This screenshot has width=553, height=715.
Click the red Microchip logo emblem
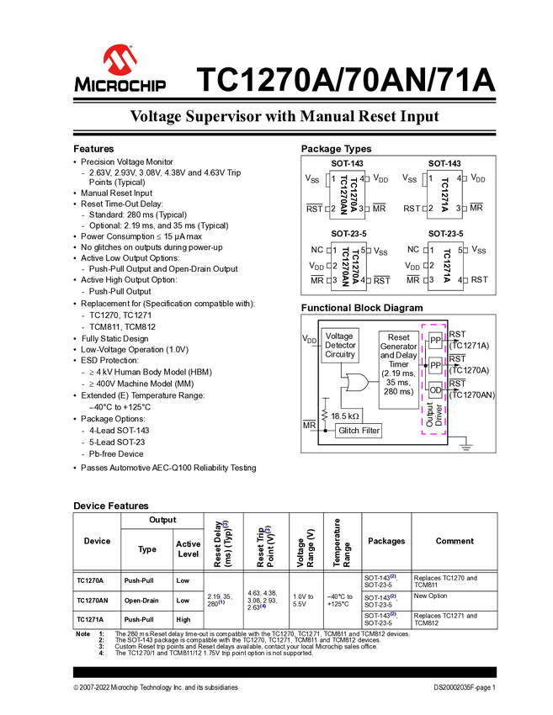[120, 59]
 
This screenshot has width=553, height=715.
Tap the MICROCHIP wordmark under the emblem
[120, 84]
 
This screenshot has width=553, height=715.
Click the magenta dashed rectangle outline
[433, 379]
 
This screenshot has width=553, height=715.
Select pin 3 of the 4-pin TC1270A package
[360, 208]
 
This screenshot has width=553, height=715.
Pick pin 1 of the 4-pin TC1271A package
[432, 178]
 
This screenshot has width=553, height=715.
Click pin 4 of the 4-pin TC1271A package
[459, 178]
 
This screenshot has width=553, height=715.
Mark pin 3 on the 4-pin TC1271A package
[459, 208]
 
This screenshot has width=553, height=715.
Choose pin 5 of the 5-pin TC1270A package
[363, 250]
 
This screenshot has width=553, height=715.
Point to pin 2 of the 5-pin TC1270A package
[335, 265]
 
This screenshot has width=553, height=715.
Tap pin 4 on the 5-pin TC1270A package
[363, 279]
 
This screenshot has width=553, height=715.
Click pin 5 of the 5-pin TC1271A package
[460, 250]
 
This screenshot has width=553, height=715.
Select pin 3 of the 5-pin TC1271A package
[432, 279]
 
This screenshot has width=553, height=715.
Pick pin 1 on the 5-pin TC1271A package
[432, 250]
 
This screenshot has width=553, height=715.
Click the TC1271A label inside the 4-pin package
[445, 194]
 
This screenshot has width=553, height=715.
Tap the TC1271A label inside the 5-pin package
[446, 265]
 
